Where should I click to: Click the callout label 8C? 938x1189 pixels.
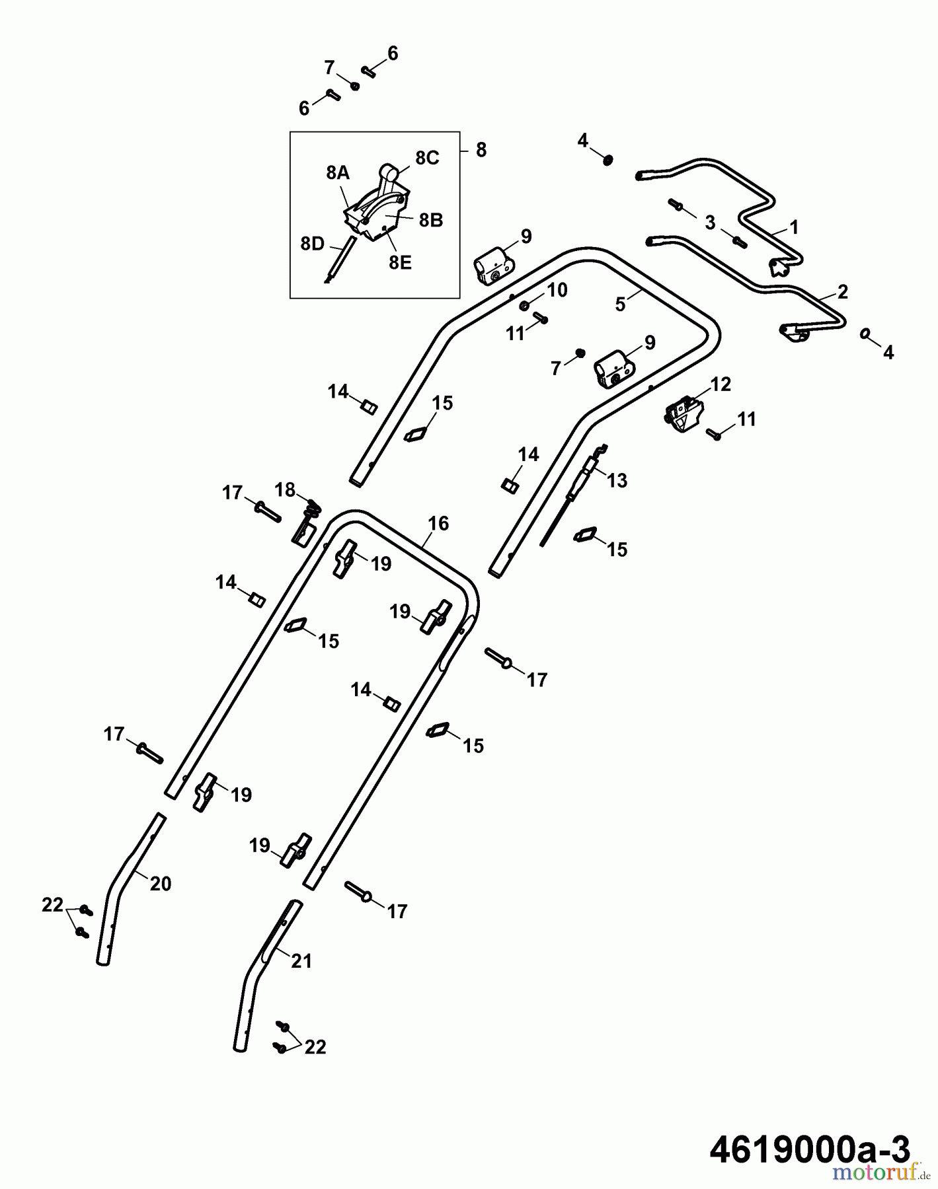[427, 158]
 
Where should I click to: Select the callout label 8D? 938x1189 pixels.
[312, 244]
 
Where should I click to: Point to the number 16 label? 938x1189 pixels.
[438, 523]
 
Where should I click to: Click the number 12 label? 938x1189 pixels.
[721, 384]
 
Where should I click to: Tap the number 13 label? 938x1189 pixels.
[617, 480]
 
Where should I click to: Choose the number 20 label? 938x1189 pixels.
[161, 883]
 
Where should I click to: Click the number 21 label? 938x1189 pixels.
[301, 961]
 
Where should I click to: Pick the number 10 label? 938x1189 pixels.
[557, 290]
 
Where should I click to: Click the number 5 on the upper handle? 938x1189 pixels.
[620, 305]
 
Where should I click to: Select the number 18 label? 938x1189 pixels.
[285, 489]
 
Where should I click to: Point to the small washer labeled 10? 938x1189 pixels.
[524, 305]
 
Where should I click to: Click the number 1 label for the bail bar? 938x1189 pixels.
[794, 227]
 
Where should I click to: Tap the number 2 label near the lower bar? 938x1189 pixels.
[842, 291]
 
